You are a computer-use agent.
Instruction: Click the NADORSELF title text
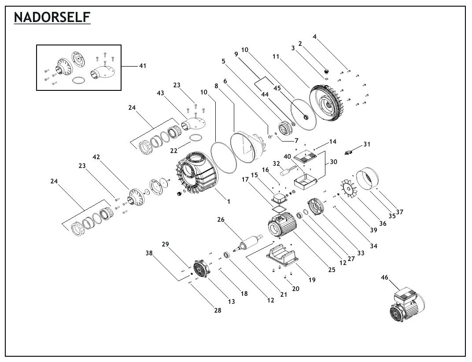pos(52,18)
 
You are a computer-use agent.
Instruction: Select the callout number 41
pos(142,66)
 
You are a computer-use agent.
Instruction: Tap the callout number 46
pos(384,278)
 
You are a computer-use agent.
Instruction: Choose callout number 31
pos(367,144)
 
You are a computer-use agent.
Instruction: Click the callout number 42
pos(96,157)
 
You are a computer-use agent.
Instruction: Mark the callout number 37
pos(400,212)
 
